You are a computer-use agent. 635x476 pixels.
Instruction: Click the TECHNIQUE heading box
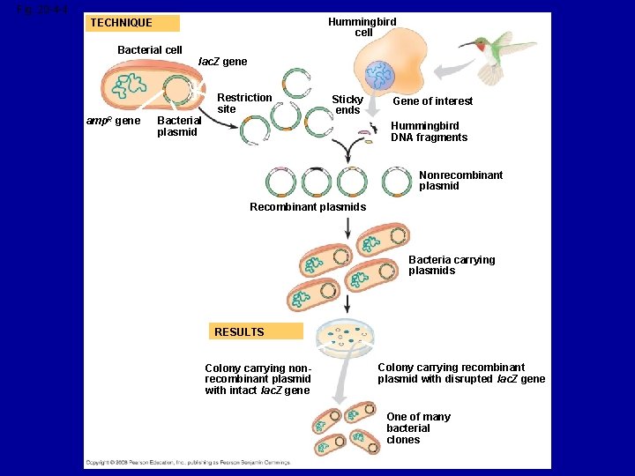(134, 23)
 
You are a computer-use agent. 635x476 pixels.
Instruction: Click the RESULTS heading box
(256, 331)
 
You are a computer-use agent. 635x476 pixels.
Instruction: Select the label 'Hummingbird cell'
(362, 26)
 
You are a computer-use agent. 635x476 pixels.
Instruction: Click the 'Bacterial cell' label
(150, 50)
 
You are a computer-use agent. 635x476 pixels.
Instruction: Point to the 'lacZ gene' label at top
(222, 62)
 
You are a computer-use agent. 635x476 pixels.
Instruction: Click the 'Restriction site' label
(244, 103)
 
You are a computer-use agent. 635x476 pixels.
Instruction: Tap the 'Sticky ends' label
(347, 105)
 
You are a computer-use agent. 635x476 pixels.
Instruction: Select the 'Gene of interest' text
(432, 101)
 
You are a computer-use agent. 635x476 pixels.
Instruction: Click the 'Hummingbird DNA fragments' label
(430, 131)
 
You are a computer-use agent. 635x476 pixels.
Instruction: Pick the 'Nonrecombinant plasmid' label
(460, 181)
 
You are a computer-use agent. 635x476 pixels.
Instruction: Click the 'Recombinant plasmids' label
(308, 207)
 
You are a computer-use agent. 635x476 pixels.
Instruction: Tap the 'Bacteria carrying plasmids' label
(452, 265)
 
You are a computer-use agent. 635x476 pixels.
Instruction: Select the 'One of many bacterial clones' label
(417, 428)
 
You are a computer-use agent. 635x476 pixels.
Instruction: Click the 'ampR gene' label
(113, 121)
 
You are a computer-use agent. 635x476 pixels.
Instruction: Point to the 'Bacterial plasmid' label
(176, 126)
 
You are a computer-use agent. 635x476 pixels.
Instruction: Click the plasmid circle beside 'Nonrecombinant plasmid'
(397, 182)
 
